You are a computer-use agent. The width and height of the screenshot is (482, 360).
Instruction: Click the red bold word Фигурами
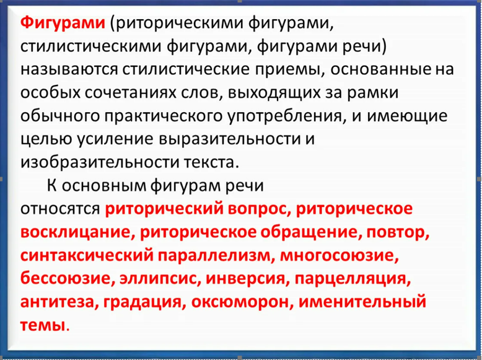point(63,24)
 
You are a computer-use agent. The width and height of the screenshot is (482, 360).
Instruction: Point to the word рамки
point(373,94)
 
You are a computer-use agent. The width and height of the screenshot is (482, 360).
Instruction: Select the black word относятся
point(60,209)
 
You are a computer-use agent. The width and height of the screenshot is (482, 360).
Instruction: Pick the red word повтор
point(398,232)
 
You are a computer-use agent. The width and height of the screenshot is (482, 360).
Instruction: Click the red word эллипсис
point(159,279)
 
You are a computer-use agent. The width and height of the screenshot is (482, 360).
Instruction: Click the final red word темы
point(43,325)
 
